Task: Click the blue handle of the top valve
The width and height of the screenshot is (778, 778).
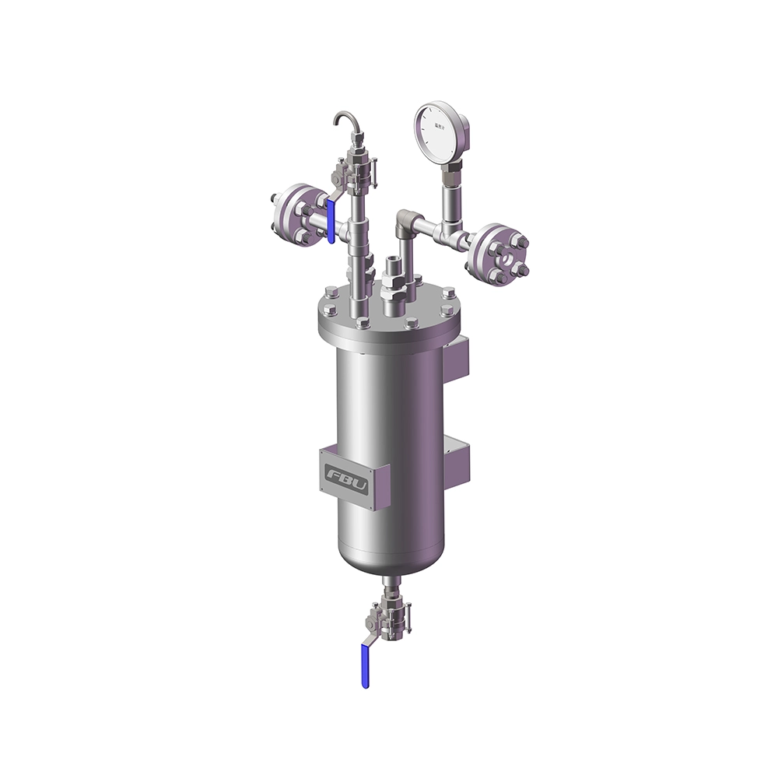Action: coord(331,219)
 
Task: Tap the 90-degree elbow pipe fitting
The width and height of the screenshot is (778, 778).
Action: coord(405,221)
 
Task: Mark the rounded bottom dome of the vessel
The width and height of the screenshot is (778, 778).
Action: coord(389,559)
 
